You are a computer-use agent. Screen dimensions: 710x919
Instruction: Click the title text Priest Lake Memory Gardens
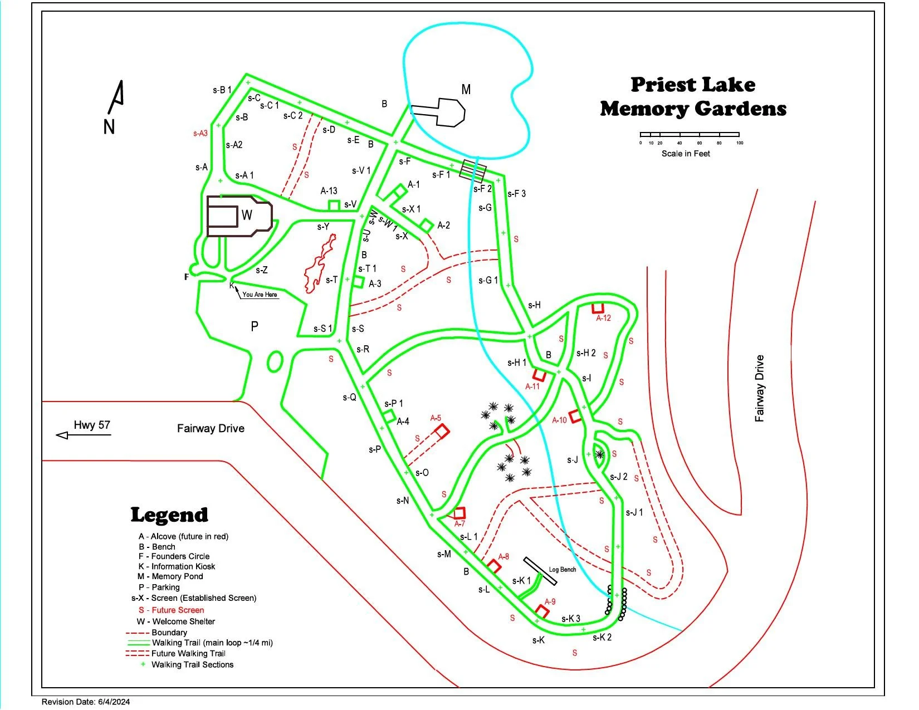pyautogui.click(x=693, y=96)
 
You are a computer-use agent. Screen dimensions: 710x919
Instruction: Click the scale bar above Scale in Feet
pyautogui.click(x=690, y=134)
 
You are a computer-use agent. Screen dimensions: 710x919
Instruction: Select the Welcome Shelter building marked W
pyautogui.click(x=239, y=216)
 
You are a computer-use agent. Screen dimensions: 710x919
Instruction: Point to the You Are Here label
pyautogui.click(x=260, y=295)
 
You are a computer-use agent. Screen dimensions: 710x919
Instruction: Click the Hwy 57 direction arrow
pyautogui.click(x=84, y=434)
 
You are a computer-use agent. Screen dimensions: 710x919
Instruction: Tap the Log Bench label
pyautogui.click(x=563, y=570)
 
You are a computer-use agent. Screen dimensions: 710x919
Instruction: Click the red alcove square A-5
pyautogui.click(x=442, y=431)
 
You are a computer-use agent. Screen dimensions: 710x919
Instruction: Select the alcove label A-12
pyautogui.click(x=603, y=319)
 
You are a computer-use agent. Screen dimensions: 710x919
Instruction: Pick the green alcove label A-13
pyautogui.click(x=329, y=191)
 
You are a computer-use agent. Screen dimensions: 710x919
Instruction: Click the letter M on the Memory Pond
pyautogui.click(x=466, y=89)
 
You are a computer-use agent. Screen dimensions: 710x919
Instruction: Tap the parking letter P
pyautogui.click(x=255, y=326)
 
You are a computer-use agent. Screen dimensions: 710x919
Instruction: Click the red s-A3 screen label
pyautogui.click(x=201, y=134)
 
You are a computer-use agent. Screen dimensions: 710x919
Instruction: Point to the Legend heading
pyautogui.click(x=169, y=515)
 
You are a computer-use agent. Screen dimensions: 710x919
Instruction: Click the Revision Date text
pyautogui.click(x=86, y=702)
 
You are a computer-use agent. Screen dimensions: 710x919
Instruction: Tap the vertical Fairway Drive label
pyautogui.click(x=760, y=388)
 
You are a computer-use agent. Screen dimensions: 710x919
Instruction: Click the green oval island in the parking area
pyautogui.click(x=274, y=361)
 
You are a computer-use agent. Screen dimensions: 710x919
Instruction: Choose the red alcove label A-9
pyautogui.click(x=550, y=602)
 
